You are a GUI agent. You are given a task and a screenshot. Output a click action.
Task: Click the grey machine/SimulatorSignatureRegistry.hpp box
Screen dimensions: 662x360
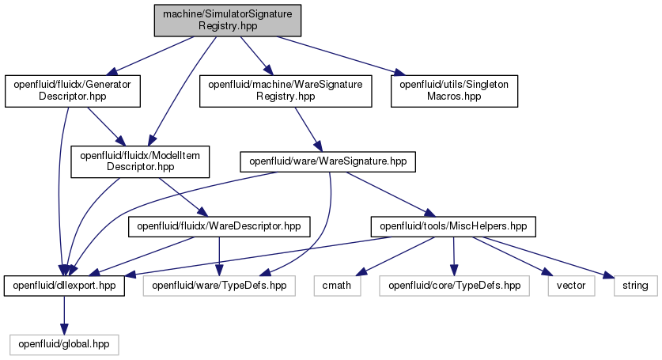click(228, 21)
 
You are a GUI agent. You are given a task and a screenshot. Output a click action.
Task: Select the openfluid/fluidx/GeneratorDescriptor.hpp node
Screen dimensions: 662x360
click(73, 91)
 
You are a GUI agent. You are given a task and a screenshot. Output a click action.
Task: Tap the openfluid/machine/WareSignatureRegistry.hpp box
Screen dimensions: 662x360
click(286, 91)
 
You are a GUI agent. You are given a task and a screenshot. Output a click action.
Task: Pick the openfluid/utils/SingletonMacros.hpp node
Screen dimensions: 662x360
click(454, 91)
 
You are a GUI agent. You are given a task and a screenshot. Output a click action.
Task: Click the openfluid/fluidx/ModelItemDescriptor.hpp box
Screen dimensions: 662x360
click(140, 161)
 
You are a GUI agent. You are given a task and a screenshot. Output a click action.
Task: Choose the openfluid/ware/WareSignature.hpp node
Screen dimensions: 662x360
click(327, 161)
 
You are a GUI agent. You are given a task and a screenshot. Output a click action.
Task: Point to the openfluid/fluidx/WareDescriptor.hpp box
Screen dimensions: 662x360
click(219, 226)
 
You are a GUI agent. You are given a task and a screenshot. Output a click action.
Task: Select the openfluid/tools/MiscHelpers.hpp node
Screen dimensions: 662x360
click(453, 226)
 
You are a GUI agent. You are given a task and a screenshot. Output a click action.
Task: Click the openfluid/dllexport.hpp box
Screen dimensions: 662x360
click(64, 286)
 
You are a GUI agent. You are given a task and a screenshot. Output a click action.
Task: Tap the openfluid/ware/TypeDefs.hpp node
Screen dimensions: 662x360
click(219, 286)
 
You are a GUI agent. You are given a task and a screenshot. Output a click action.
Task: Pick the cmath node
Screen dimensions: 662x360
click(337, 286)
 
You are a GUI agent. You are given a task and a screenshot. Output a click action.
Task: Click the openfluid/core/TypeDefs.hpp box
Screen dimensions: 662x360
click(454, 286)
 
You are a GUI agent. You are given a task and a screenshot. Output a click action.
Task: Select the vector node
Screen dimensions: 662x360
click(571, 286)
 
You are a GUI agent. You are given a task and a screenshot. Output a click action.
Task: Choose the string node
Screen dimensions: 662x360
click(635, 286)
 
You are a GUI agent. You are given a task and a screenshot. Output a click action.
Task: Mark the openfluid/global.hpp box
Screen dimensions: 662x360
click(64, 345)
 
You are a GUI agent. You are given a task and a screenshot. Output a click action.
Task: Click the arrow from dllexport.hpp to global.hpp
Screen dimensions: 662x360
click(64, 315)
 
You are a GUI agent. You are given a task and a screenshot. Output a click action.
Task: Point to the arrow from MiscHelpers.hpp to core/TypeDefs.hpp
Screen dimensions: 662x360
click(454, 256)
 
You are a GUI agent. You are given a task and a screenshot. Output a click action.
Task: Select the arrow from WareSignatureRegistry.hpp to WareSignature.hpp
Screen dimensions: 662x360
click(308, 129)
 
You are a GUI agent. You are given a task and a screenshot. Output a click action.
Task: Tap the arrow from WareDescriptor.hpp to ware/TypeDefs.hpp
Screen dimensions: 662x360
click(219, 256)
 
